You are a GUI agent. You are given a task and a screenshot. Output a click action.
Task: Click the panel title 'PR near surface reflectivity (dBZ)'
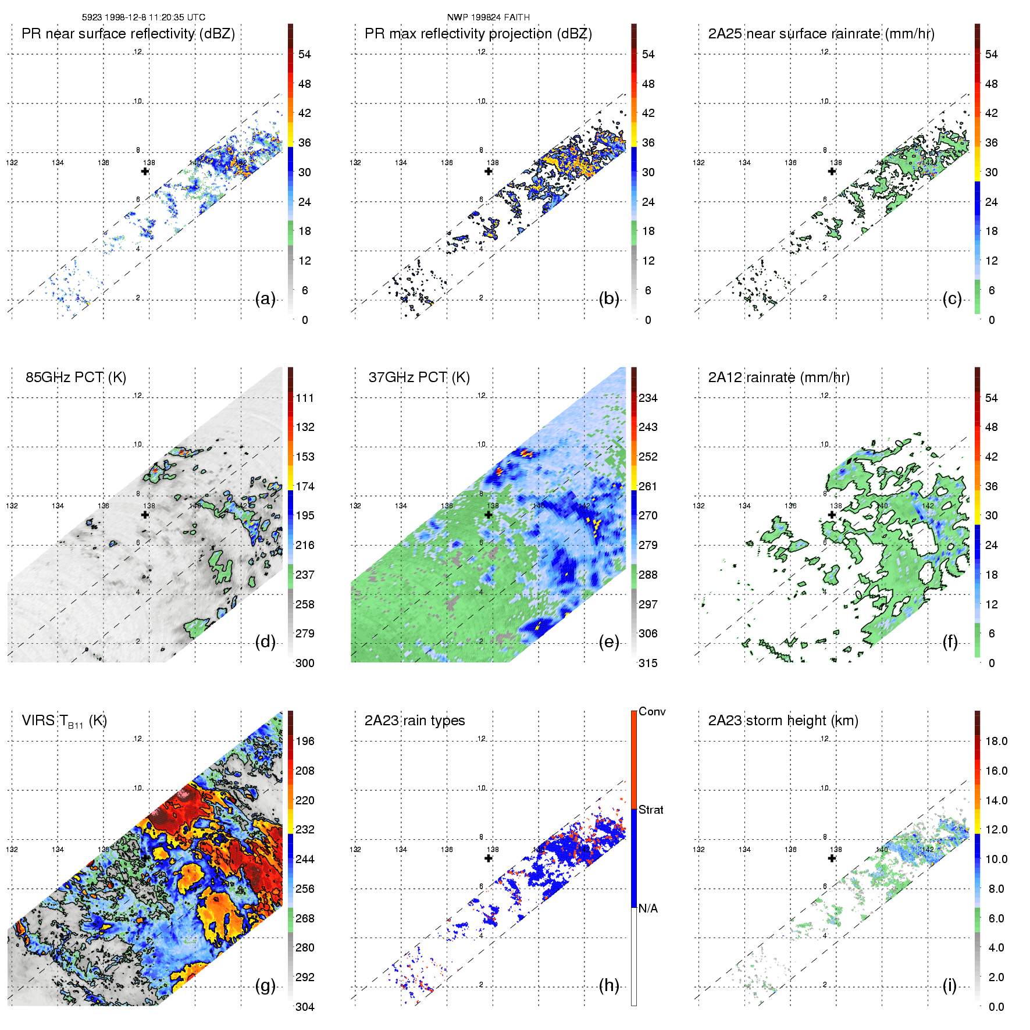pyautogui.click(x=128, y=34)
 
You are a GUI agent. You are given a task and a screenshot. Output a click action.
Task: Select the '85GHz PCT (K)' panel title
pyautogui.click(x=76, y=377)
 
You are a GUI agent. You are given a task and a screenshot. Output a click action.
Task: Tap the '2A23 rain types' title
pyautogui.click(x=414, y=721)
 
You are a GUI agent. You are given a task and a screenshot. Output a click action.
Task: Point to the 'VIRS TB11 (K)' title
pyautogui.click(x=64, y=721)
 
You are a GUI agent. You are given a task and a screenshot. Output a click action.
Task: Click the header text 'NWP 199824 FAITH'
pyautogui.click(x=488, y=17)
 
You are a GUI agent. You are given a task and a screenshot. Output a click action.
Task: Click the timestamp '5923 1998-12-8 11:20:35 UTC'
pyautogui.click(x=143, y=17)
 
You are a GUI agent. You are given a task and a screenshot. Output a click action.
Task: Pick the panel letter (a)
pyautogui.click(x=265, y=299)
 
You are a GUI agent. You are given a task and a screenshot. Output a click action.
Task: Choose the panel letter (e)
pyautogui.click(x=609, y=642)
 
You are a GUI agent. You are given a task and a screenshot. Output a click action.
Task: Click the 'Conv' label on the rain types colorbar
pyautogui.click(x=652, y=712)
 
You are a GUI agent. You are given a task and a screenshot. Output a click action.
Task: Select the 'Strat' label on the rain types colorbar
pyautogui.click(x=651, y=810)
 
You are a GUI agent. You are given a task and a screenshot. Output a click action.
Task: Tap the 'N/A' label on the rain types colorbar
pyautogui.click(x=648, y=908)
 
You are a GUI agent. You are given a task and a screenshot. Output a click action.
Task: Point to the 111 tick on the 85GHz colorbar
pyautogui.click(x=305, y=398)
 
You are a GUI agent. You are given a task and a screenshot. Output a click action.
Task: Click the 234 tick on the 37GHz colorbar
pyautogui.click(x=648, y=398)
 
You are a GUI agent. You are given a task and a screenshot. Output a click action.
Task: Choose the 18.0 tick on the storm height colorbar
pyautogui.click(x=996, y=742)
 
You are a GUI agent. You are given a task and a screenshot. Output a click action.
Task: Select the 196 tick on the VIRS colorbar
pyautogui.click(x=305, y=742)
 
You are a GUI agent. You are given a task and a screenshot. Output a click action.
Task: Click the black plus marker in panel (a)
pyautogui.click(x=145, y=171)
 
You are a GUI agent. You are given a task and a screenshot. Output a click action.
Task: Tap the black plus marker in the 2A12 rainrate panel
pyautogui.click(x=832, y=514)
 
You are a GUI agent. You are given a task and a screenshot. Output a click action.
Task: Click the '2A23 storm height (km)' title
pyautogui.click(x=783, y=721)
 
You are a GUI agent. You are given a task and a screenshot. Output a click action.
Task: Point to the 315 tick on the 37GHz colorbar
pyautogui.click(x=648, y=663)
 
